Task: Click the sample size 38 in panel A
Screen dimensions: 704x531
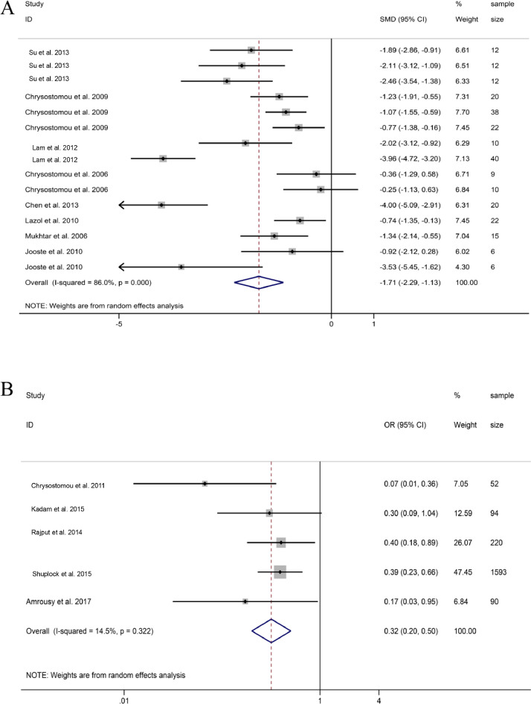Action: [x=495, y=112]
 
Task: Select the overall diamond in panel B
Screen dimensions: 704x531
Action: [x=271, y=631]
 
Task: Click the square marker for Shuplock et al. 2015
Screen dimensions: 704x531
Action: [x=280, y=572]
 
